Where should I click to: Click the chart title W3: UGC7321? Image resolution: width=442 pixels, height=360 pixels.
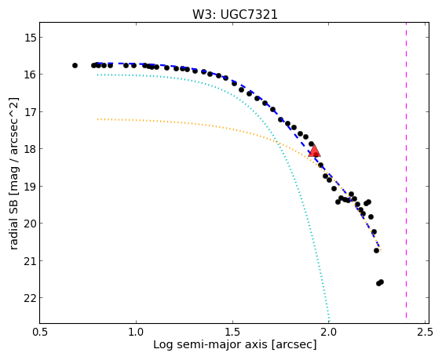pyautogui.click(x=235, y=14)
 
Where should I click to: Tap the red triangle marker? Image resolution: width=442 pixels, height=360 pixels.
pyautogui.click(x=314, y=151)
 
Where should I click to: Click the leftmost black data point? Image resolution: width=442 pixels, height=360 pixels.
pyautogui.click(x=75, y=65)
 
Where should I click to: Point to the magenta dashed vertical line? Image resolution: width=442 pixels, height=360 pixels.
pyautogui.click(x=406, y=170)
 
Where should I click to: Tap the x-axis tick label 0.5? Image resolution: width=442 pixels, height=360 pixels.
pyautogui.click(x=40, y=332)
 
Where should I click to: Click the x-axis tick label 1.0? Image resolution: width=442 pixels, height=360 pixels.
pyautogui.click(x=136, y=332)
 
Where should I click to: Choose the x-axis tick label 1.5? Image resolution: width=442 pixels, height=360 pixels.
pyautogui.click(x=232, y=332)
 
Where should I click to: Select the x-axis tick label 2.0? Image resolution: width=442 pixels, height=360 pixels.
pyautogui.click(x=329, y=332)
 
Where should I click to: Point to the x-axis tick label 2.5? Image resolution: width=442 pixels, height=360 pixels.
pyautogui.click(x=425, y=332)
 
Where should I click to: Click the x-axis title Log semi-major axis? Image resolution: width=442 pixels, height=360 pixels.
pyautogui.click(x=210, y=344)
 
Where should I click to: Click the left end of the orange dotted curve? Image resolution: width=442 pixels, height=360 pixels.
pyautogui.click(x=97, y=119)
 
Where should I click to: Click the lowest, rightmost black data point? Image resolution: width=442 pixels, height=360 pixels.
pyautogui.click(x=381, y=282)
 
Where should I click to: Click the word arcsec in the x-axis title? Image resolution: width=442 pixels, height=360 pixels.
pyautogui.click(x=294, y=344)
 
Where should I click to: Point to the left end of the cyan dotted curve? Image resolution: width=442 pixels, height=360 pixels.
pyautogui.click(x=97, y=75)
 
